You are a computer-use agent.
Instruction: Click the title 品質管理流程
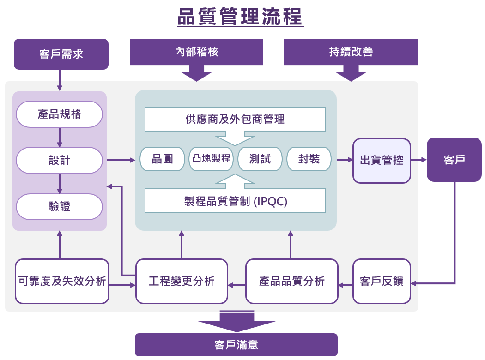click(x=241, y=17)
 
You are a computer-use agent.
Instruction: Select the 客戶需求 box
click(x=61, y=54)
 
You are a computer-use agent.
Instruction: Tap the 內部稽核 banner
click(x=196, y=52)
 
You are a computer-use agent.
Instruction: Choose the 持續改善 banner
click(x=351, y=52)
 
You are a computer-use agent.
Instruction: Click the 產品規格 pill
click(x=59, y=114)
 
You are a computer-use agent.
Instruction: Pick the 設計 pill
click(x=59, y=160)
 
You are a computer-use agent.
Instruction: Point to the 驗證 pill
click(x=59, y=206)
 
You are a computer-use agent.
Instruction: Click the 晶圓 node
click(x=162, y=159)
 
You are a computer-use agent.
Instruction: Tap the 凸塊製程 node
click(x=211, y=159)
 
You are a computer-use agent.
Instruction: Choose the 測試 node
click(x=260, y=159)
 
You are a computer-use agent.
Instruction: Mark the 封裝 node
click(x=309, y=159)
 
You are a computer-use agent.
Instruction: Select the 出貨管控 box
click(x=382, y=160)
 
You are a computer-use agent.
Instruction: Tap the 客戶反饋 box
click(x=382, y=281)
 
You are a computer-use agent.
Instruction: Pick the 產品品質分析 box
click(x=291, y=281)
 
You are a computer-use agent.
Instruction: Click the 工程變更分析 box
click(x=182, y=281)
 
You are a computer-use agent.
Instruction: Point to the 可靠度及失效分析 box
click(x=62, y=281)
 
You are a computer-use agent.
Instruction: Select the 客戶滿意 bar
click(x=236, y=345)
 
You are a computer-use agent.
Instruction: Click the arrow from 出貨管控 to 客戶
click(x=418, y=160)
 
